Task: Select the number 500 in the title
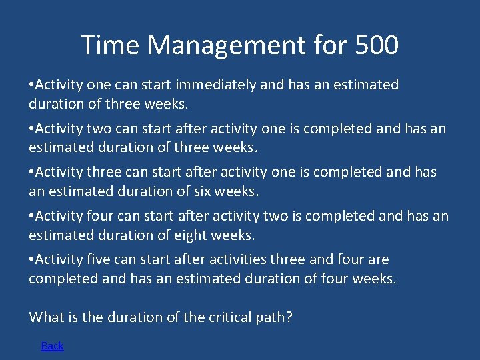pyautogui.click(x=377, y=45)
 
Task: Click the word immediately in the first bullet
pyautogui.click(x=216, y=85)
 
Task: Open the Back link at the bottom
pyautogui.click(x=52, y=345)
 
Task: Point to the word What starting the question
pyautogui.click(x=47, y=317)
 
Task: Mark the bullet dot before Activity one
pyautogui.click(x=31, y=85)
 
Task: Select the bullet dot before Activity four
pyautogui.click(x=31, y=217)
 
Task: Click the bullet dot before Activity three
pyautogui.click(x=31, y=173)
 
